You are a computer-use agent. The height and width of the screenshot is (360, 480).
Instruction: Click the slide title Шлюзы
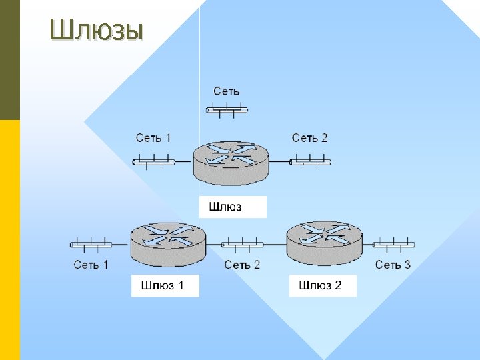click(x=97, y=29)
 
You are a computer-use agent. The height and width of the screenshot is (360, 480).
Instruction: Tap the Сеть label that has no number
click(x=227, y=91)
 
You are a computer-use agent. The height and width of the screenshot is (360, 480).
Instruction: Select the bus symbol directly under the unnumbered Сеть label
click(x=227, y=109)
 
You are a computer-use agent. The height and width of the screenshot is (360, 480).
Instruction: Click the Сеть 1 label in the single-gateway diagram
click(x=153, y=138)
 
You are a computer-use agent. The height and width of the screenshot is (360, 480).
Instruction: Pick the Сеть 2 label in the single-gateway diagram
click(x=310, y=138)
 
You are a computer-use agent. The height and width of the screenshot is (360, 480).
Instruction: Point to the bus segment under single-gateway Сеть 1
click(x=154, y=161)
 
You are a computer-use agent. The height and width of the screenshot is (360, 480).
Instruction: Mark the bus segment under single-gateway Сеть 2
click(x=311, y=161)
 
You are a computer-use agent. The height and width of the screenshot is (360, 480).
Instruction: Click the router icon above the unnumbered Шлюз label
click(x=231, y=163)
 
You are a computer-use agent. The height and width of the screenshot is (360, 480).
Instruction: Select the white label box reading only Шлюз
click(x=232, y=207)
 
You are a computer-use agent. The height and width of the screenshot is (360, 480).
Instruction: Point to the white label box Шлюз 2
click(x=323, y=286)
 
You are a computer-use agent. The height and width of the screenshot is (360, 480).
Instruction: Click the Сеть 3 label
click(x=393, y=265)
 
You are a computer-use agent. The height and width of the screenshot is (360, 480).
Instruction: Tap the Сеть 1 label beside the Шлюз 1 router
click(x=91, y=265)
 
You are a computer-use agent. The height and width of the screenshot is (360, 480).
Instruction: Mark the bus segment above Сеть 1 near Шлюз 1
click(x=91, y=244)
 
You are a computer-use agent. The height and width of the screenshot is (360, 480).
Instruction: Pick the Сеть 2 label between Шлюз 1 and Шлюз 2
click(x=242, y=265)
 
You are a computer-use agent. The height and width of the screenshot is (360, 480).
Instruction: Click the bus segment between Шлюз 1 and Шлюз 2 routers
click(x=242, y=244)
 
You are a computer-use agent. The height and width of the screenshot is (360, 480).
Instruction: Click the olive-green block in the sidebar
click(x=10, y=60)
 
